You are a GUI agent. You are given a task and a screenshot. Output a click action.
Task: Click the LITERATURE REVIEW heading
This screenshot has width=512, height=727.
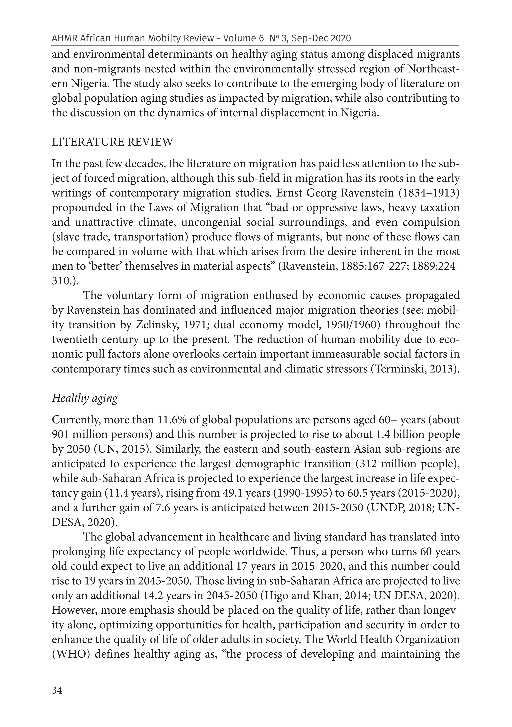tap(113, 142)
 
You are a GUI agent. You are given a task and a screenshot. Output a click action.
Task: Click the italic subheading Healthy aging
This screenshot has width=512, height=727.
tap(85, 398)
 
